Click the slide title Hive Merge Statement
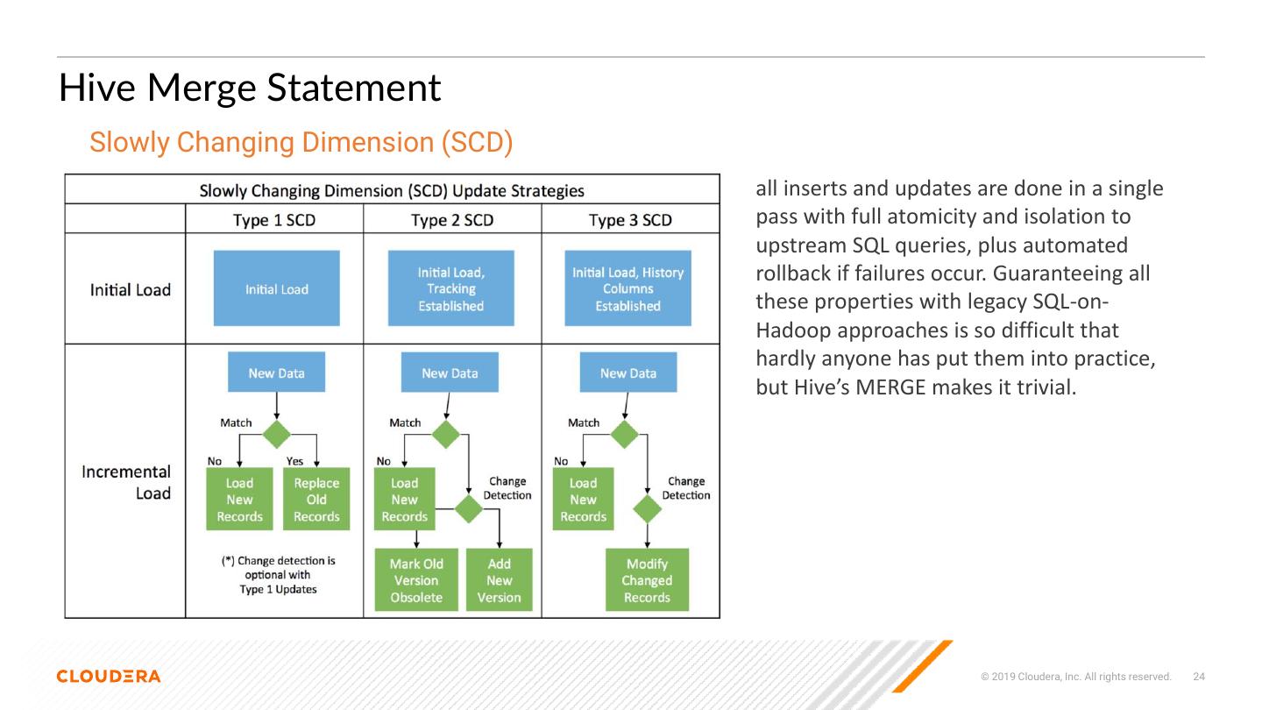[x=250, y=89]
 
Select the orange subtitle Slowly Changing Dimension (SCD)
[x=301, y=142]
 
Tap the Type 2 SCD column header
[x=452, y=219]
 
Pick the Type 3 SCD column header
[x=630, y=219]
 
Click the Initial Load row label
[x=130, y=289]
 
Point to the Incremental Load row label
[x=126, y=482]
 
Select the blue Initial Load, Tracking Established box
[x=451, y=288]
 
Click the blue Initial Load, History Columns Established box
[x=627, y=288]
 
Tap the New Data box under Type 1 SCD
[x=276, y=373]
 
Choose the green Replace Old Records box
[x=316, y=500]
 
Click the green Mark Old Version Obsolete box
[x=416, y=580]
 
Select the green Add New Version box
[x=499, y=580]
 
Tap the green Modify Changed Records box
[x=647, y=580]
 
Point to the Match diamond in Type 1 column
[x=277, y=434]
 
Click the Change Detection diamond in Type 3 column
[x=647, y=508]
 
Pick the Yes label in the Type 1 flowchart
[x=294, y=461]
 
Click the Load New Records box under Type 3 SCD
[x=583, y=500]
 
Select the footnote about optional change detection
[x=278, y=574]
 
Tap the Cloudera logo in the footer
[x=109, y=676]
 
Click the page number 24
[x=1199, y=677]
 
